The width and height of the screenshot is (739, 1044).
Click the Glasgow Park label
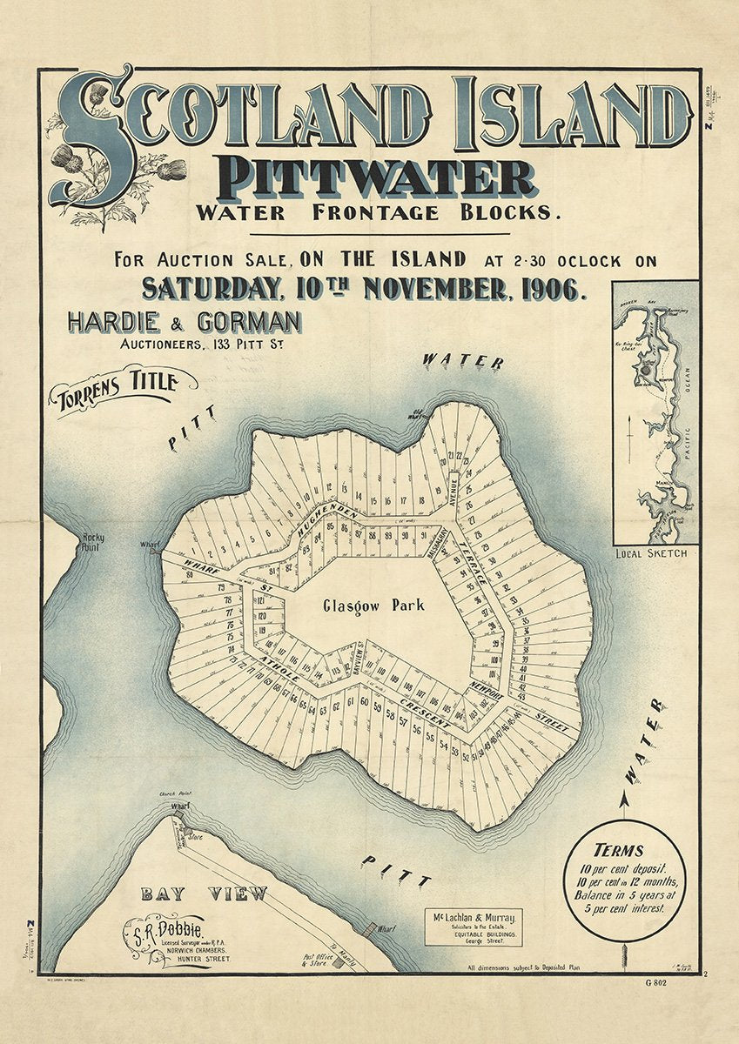[x=373, y=606]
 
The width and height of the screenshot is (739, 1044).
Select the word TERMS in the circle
[x=618, y=851]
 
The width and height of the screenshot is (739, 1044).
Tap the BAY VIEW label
[x=205, y=894]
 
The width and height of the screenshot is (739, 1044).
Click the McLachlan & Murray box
[x=473, y=927]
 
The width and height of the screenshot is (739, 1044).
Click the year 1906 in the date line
[x=546, y=287]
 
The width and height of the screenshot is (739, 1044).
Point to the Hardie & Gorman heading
[x=184, y=323]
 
